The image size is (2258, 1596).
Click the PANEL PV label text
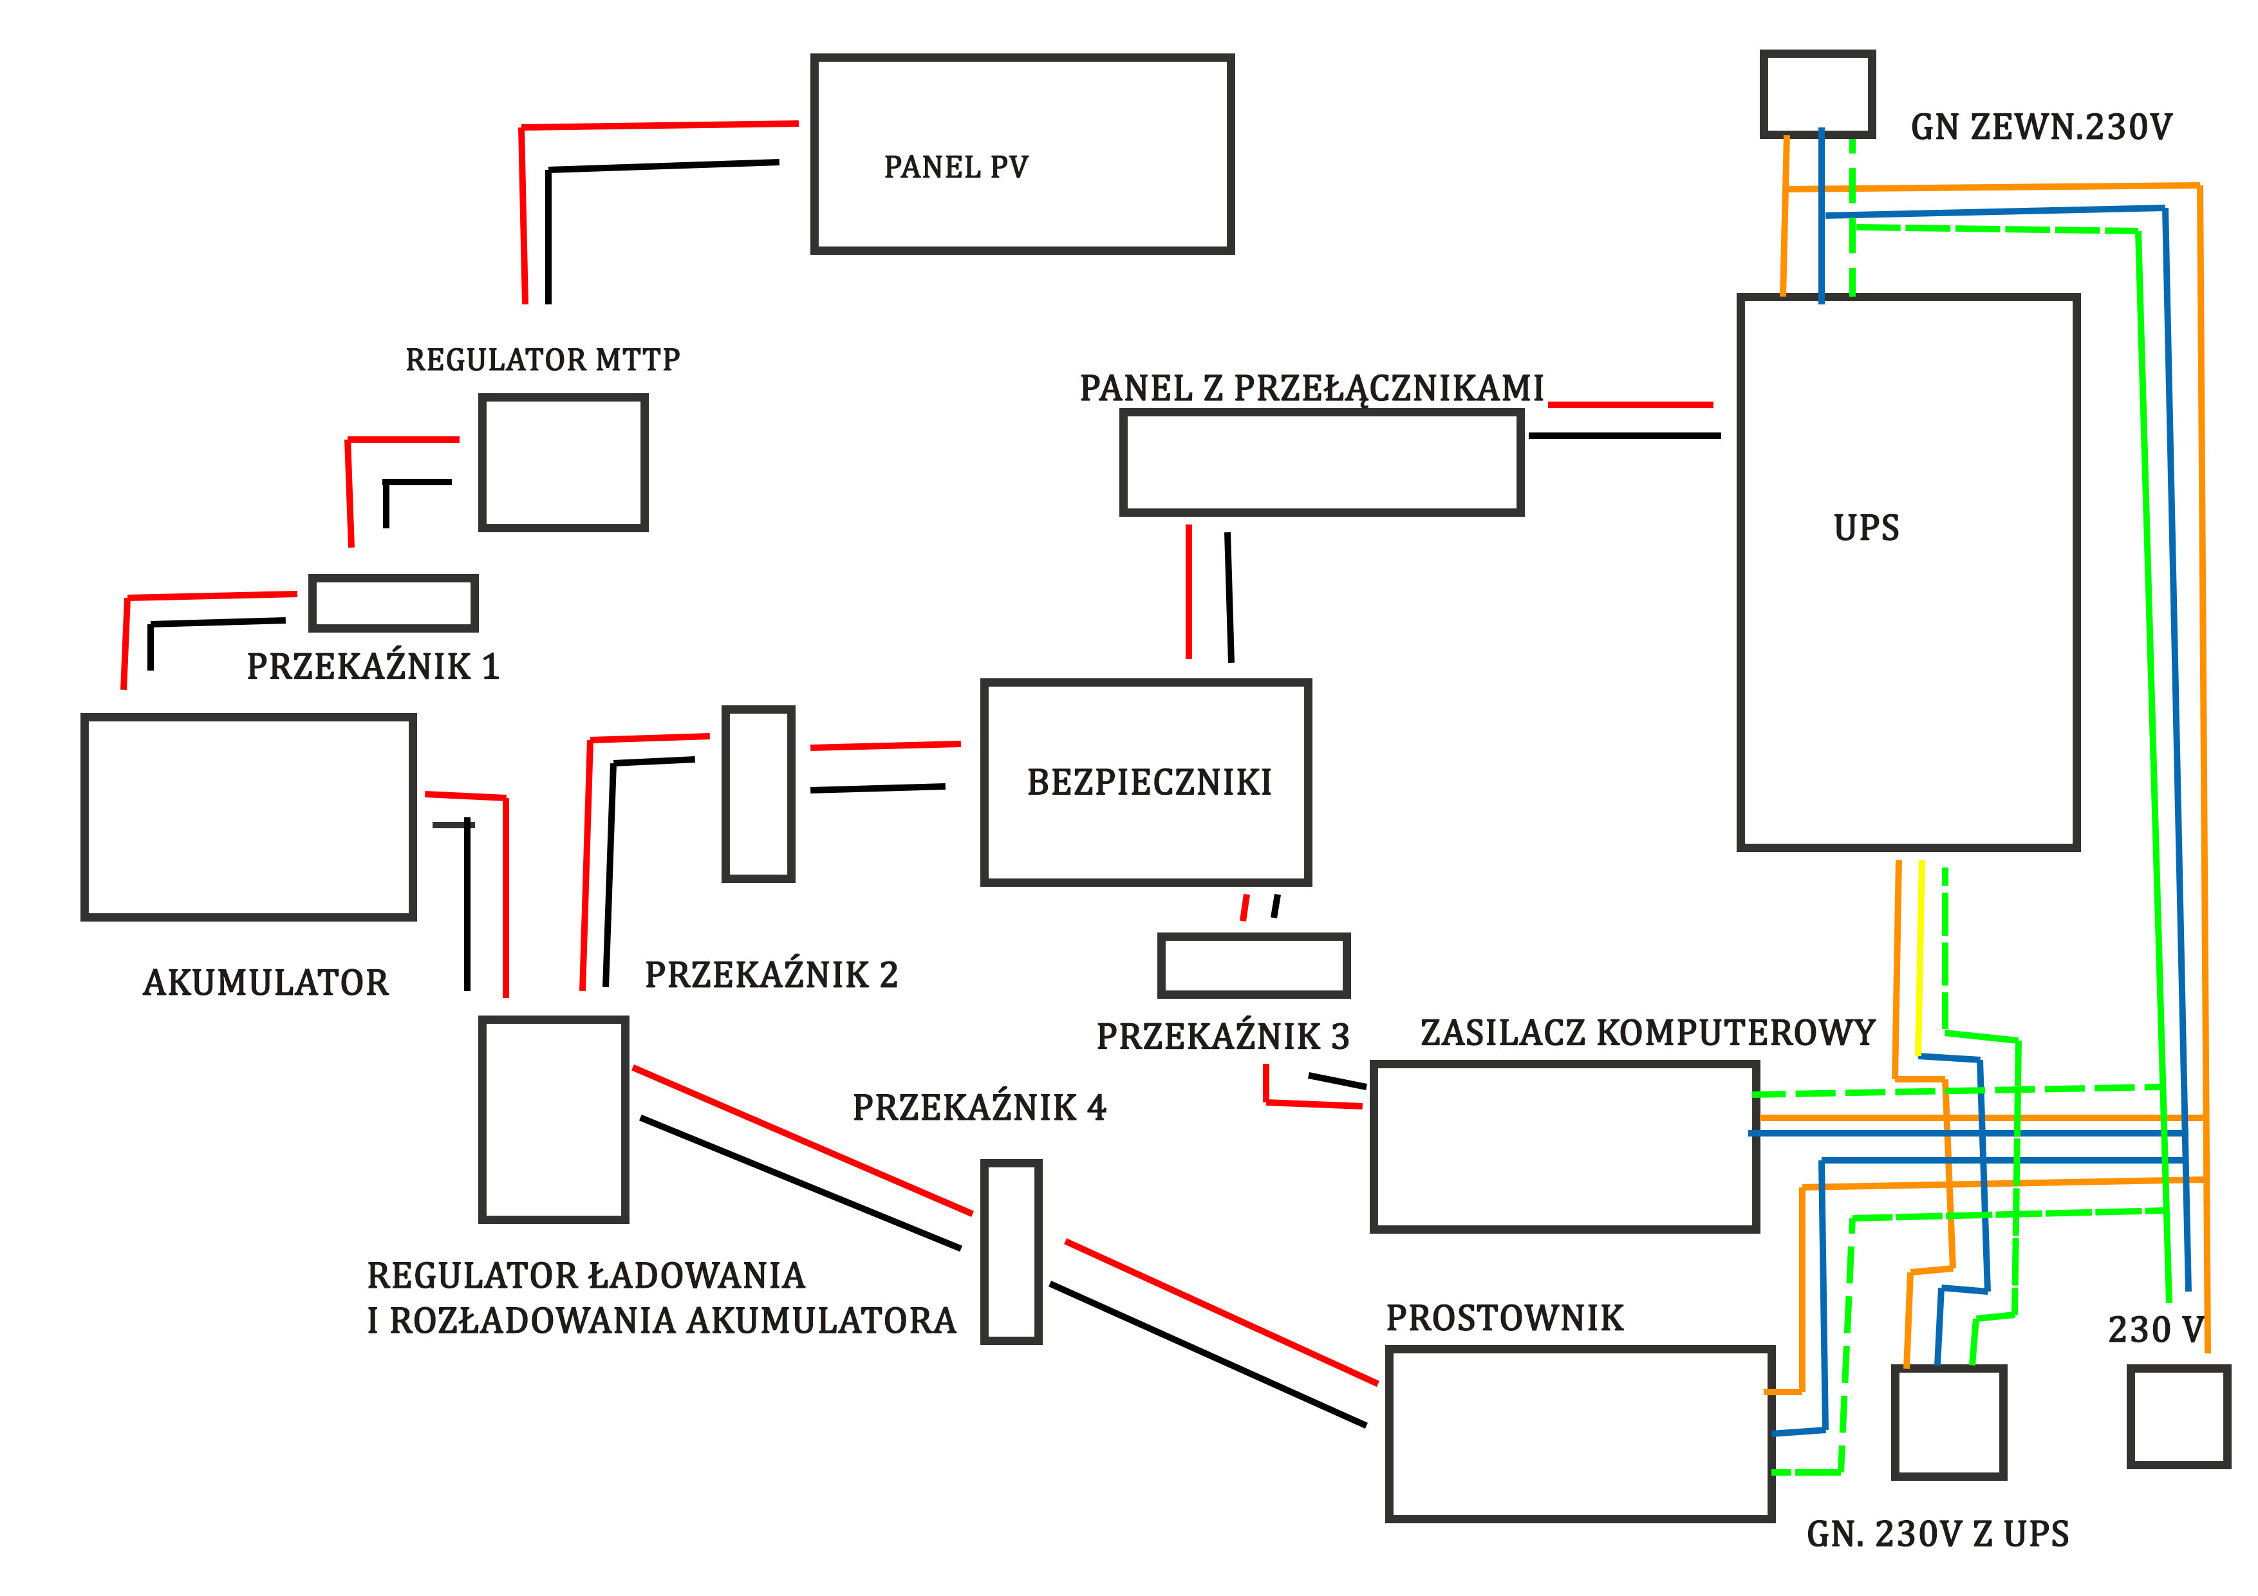click(x=955, y=167)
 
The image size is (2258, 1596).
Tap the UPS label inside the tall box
click(x=1865, y=528)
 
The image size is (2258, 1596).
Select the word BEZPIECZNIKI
click(x=1149, y=783)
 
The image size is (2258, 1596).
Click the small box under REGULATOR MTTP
click(x=563, y=462)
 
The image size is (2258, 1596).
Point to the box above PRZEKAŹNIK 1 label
click(x=393, y=603)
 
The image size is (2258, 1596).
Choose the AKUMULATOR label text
click(x=266, y=983)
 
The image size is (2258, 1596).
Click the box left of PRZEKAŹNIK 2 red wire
click(x=758, y=793)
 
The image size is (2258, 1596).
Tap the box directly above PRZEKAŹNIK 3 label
click(x=1253, y=966)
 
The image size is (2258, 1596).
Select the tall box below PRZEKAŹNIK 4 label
click(x=1011, y=1251)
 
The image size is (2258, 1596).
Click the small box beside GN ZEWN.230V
click(x=1816, y=93)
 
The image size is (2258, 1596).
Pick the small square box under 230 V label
click(x=2178, y=1416)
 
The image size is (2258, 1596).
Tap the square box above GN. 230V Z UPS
click(x=1948, y=1421)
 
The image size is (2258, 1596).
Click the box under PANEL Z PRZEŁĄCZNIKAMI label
click(x=1321, y=462)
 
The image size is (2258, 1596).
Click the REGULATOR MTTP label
click(x=542, y=360)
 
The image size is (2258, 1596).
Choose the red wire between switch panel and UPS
click(x=1630, y=404)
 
